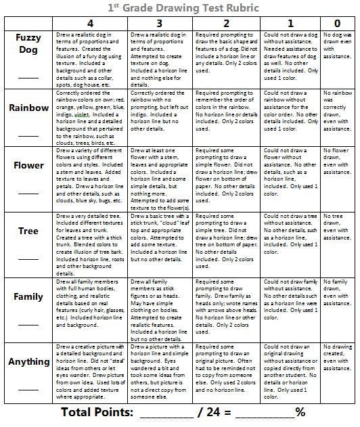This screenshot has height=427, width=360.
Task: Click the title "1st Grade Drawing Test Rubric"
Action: pos(179,7)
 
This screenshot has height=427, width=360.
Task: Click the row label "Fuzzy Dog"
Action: pos(28,44)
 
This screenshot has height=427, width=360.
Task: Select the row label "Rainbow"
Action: pos(28,108)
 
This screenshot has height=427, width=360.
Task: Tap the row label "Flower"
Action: pos(28,165)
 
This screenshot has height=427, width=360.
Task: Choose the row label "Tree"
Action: pos(28,231)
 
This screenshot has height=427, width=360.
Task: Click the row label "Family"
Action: pos(28,296)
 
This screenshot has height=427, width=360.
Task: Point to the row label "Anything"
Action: pos(28,362)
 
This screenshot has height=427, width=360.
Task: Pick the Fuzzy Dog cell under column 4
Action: pos(87,59)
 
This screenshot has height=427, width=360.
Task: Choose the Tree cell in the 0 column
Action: pos(338,244)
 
